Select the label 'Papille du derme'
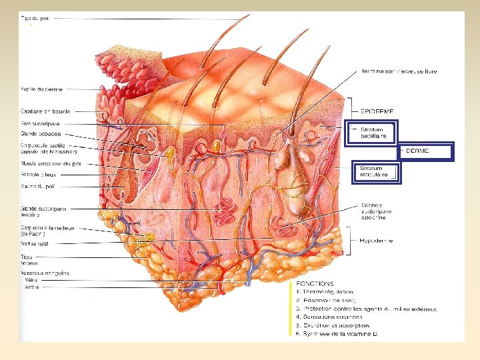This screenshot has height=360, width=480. coord(41,89)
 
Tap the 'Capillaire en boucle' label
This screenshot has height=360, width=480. coord(45,111)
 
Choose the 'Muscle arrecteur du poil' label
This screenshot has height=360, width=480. coord(50,163)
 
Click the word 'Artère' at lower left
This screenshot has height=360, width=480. coord(32,287)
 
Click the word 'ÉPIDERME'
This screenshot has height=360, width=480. coord(377,111)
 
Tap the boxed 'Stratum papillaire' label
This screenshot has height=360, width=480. coord(374,133)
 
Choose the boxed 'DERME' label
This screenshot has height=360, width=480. coord(418,151)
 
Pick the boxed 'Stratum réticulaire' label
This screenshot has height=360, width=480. coord(374,172)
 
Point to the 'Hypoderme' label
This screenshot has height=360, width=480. coord(376,240)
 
